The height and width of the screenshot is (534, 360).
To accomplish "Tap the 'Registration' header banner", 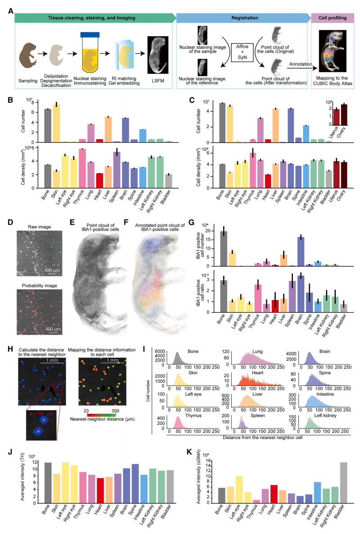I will (243, 18).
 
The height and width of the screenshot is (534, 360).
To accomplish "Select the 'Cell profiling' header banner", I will (332, 18).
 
